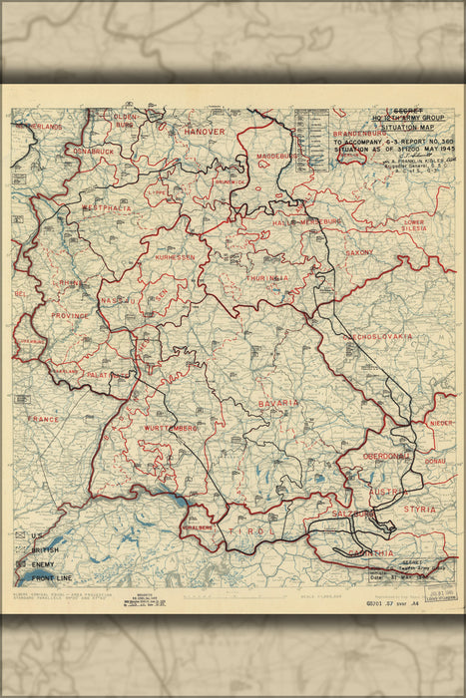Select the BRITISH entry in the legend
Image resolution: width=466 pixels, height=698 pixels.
(43, 550)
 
